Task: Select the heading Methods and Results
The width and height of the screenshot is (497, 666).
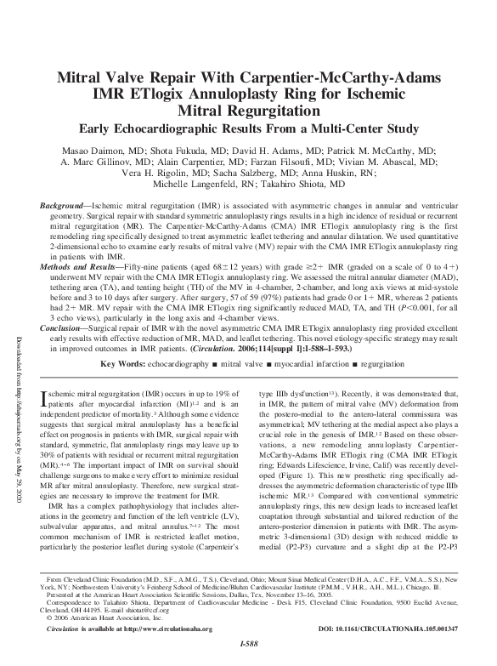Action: (x=82, y=266)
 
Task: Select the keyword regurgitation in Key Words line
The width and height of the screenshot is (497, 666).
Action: (x=384, y=363)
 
